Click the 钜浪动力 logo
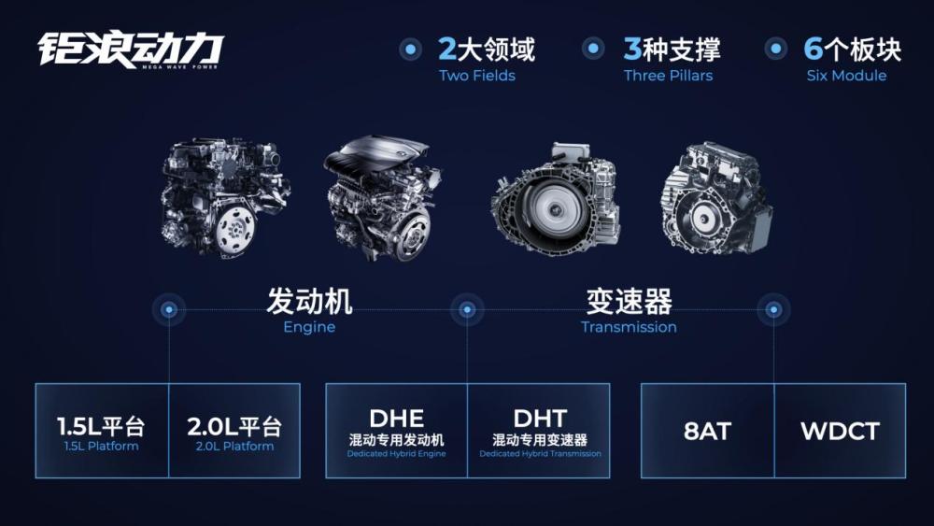pos(131,50)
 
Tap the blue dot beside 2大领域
pos(410,50)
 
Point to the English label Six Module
pos(846,76)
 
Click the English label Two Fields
pos(477,76)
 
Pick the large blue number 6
pos(813,49)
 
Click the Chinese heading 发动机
pos(309,301)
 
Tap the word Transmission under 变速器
pos(629,327)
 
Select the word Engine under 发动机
pos(309,328)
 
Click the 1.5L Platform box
pos(102,431)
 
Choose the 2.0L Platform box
pos(234,431)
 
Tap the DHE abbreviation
pos(397,419)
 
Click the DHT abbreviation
pos(540,419)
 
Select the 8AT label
pos(707,432)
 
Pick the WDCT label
pos(840,432)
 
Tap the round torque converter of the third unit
pos(555,208)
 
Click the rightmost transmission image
pos(716,199)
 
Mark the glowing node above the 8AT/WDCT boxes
pos(773,310)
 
